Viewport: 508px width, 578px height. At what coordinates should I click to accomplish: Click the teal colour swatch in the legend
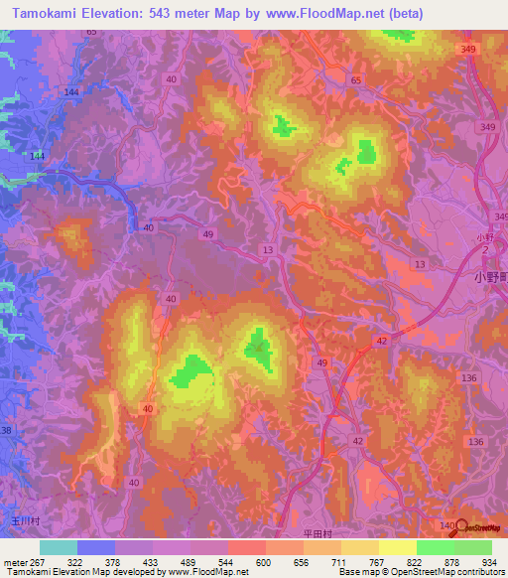pyautogui.click(x=59, y=547)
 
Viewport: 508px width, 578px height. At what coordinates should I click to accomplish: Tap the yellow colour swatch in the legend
pyautogui.click(x=397, y=547)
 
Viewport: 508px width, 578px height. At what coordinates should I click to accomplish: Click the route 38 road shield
pyautogui.click(x=7, y=430)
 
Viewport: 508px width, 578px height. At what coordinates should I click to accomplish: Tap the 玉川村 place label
pyautogui.click(x=23, y=519)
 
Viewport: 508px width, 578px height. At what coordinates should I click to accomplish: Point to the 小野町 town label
pyautogui.click(x=486, y=278)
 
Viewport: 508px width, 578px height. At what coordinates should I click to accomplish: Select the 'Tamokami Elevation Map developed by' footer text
pyautogui.click(x=74, y=572)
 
